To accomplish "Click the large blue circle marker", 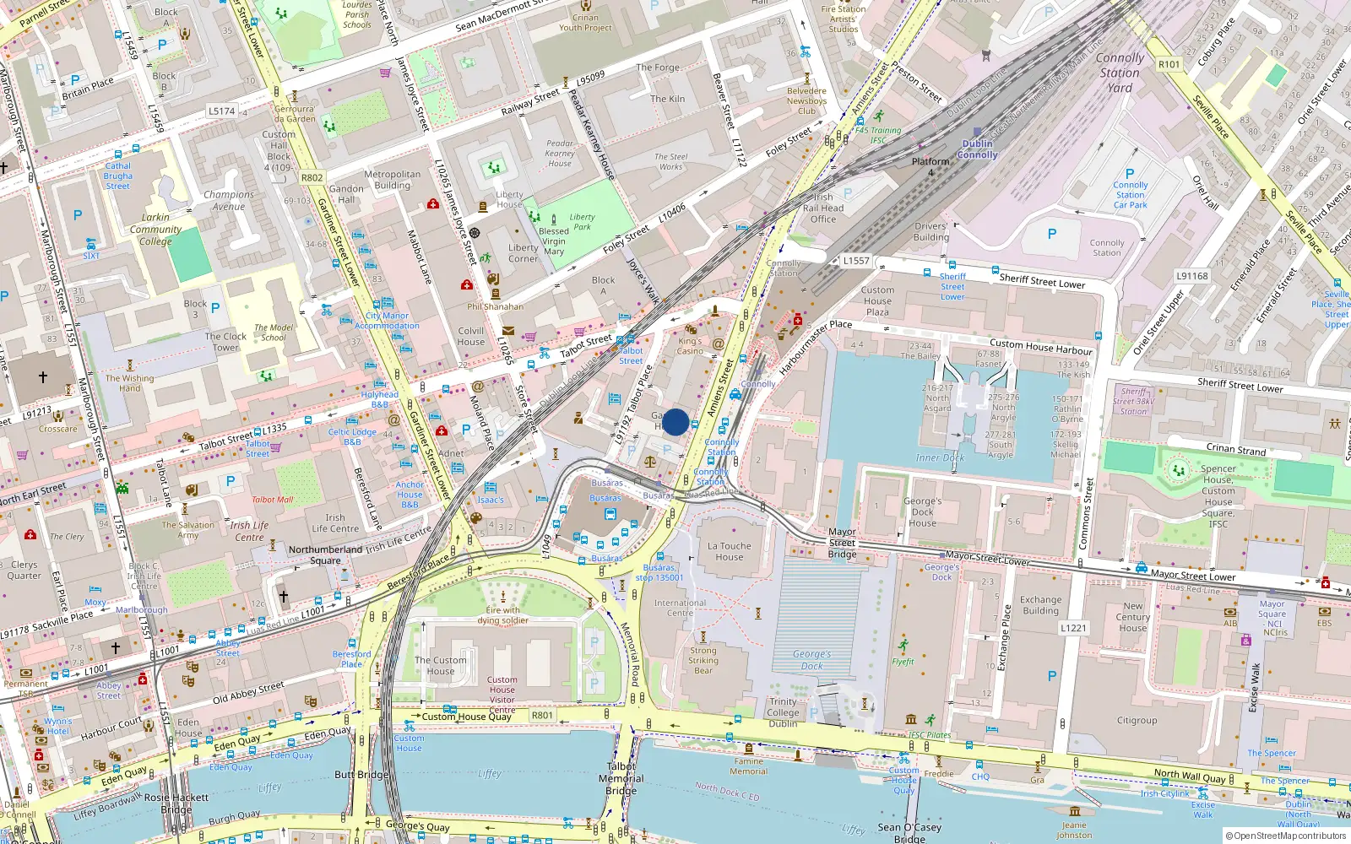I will click(675, 422).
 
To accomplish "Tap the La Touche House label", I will click(730, 551).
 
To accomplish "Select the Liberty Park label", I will click(582, 221).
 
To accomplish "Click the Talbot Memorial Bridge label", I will click(621, 779).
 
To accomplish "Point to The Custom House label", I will click(440, 666).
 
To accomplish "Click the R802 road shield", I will click(312, 178).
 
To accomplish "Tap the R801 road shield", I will click(542, 715).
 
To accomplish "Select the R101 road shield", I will click(1169, 64).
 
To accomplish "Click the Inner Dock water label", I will click(940, 457).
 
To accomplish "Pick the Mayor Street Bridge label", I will click(842, 543).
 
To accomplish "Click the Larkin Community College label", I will click(155, 229).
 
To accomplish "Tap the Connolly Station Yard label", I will click(1120, 73).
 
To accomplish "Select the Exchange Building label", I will click(1040, 605).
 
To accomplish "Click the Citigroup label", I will click(1137, 720).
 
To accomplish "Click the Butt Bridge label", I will click(361, 774).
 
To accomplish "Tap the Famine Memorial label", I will click(748, 766).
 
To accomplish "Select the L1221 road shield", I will click(1073, 628).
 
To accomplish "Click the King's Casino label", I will click(690, 346).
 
